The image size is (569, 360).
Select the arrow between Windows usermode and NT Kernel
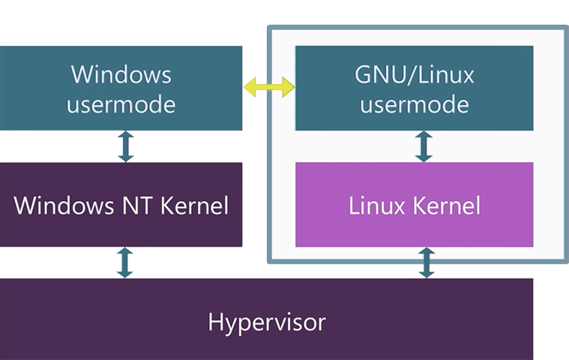(125, 146)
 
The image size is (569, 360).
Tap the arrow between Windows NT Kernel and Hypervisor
(125, 262)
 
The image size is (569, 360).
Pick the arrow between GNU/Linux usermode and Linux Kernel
(424, 146)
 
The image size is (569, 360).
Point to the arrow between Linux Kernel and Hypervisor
(427, 262)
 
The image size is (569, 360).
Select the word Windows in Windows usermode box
(121, 74)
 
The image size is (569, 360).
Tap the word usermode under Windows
(121, 103)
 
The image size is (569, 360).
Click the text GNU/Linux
(414, 74)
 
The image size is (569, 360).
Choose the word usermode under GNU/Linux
(414, 103)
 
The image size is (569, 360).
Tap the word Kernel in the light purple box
(447, 205)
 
